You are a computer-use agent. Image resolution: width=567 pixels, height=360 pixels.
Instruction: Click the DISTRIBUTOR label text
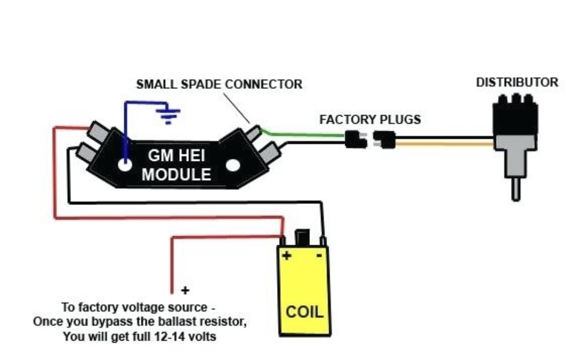pyautogui.click(x=516, y=83)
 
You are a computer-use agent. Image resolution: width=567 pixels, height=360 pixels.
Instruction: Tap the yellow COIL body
pyautogui.click(x=303, y=291)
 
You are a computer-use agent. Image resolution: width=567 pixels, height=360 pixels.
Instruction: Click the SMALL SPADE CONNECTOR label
pyautogui.click(x=219, y=84)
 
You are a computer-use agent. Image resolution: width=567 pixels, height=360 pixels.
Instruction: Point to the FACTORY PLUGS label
pyautogui.click(x=370, y=119)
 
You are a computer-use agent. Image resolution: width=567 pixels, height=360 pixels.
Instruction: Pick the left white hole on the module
pyautogui.click(x=125, y=165)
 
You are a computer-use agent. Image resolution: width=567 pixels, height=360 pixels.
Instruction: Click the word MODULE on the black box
pyautogui.click(x=176, y=174)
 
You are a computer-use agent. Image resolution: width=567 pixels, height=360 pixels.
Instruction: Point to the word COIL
pyautogui.click(x=304, y=312)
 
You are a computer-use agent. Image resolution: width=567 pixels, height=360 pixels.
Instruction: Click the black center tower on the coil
pyautogui.click(x=303, y=237)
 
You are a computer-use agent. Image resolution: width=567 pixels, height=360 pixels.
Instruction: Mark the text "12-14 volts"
pyautogui.click(x=192, y=337)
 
